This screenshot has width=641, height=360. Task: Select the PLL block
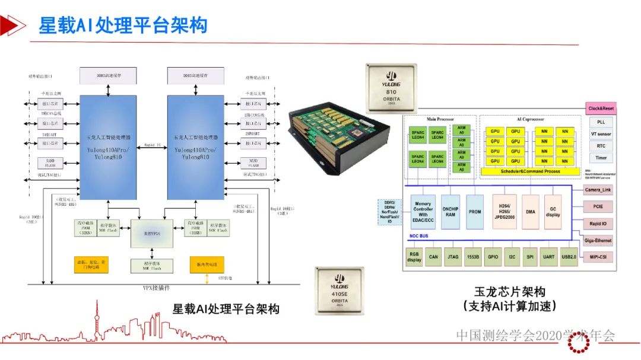(601, 122)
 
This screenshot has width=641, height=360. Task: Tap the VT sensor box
(601, 134)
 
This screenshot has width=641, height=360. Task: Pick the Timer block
(601, 158)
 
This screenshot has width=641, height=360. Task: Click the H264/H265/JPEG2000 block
(504, 212)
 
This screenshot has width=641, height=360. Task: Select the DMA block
(530, 212)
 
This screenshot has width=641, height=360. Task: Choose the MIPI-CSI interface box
(597, 257)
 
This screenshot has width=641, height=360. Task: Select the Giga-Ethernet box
(597, 241)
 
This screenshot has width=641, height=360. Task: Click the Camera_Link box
(597, 189)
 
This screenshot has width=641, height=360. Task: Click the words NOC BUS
(420, 235)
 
